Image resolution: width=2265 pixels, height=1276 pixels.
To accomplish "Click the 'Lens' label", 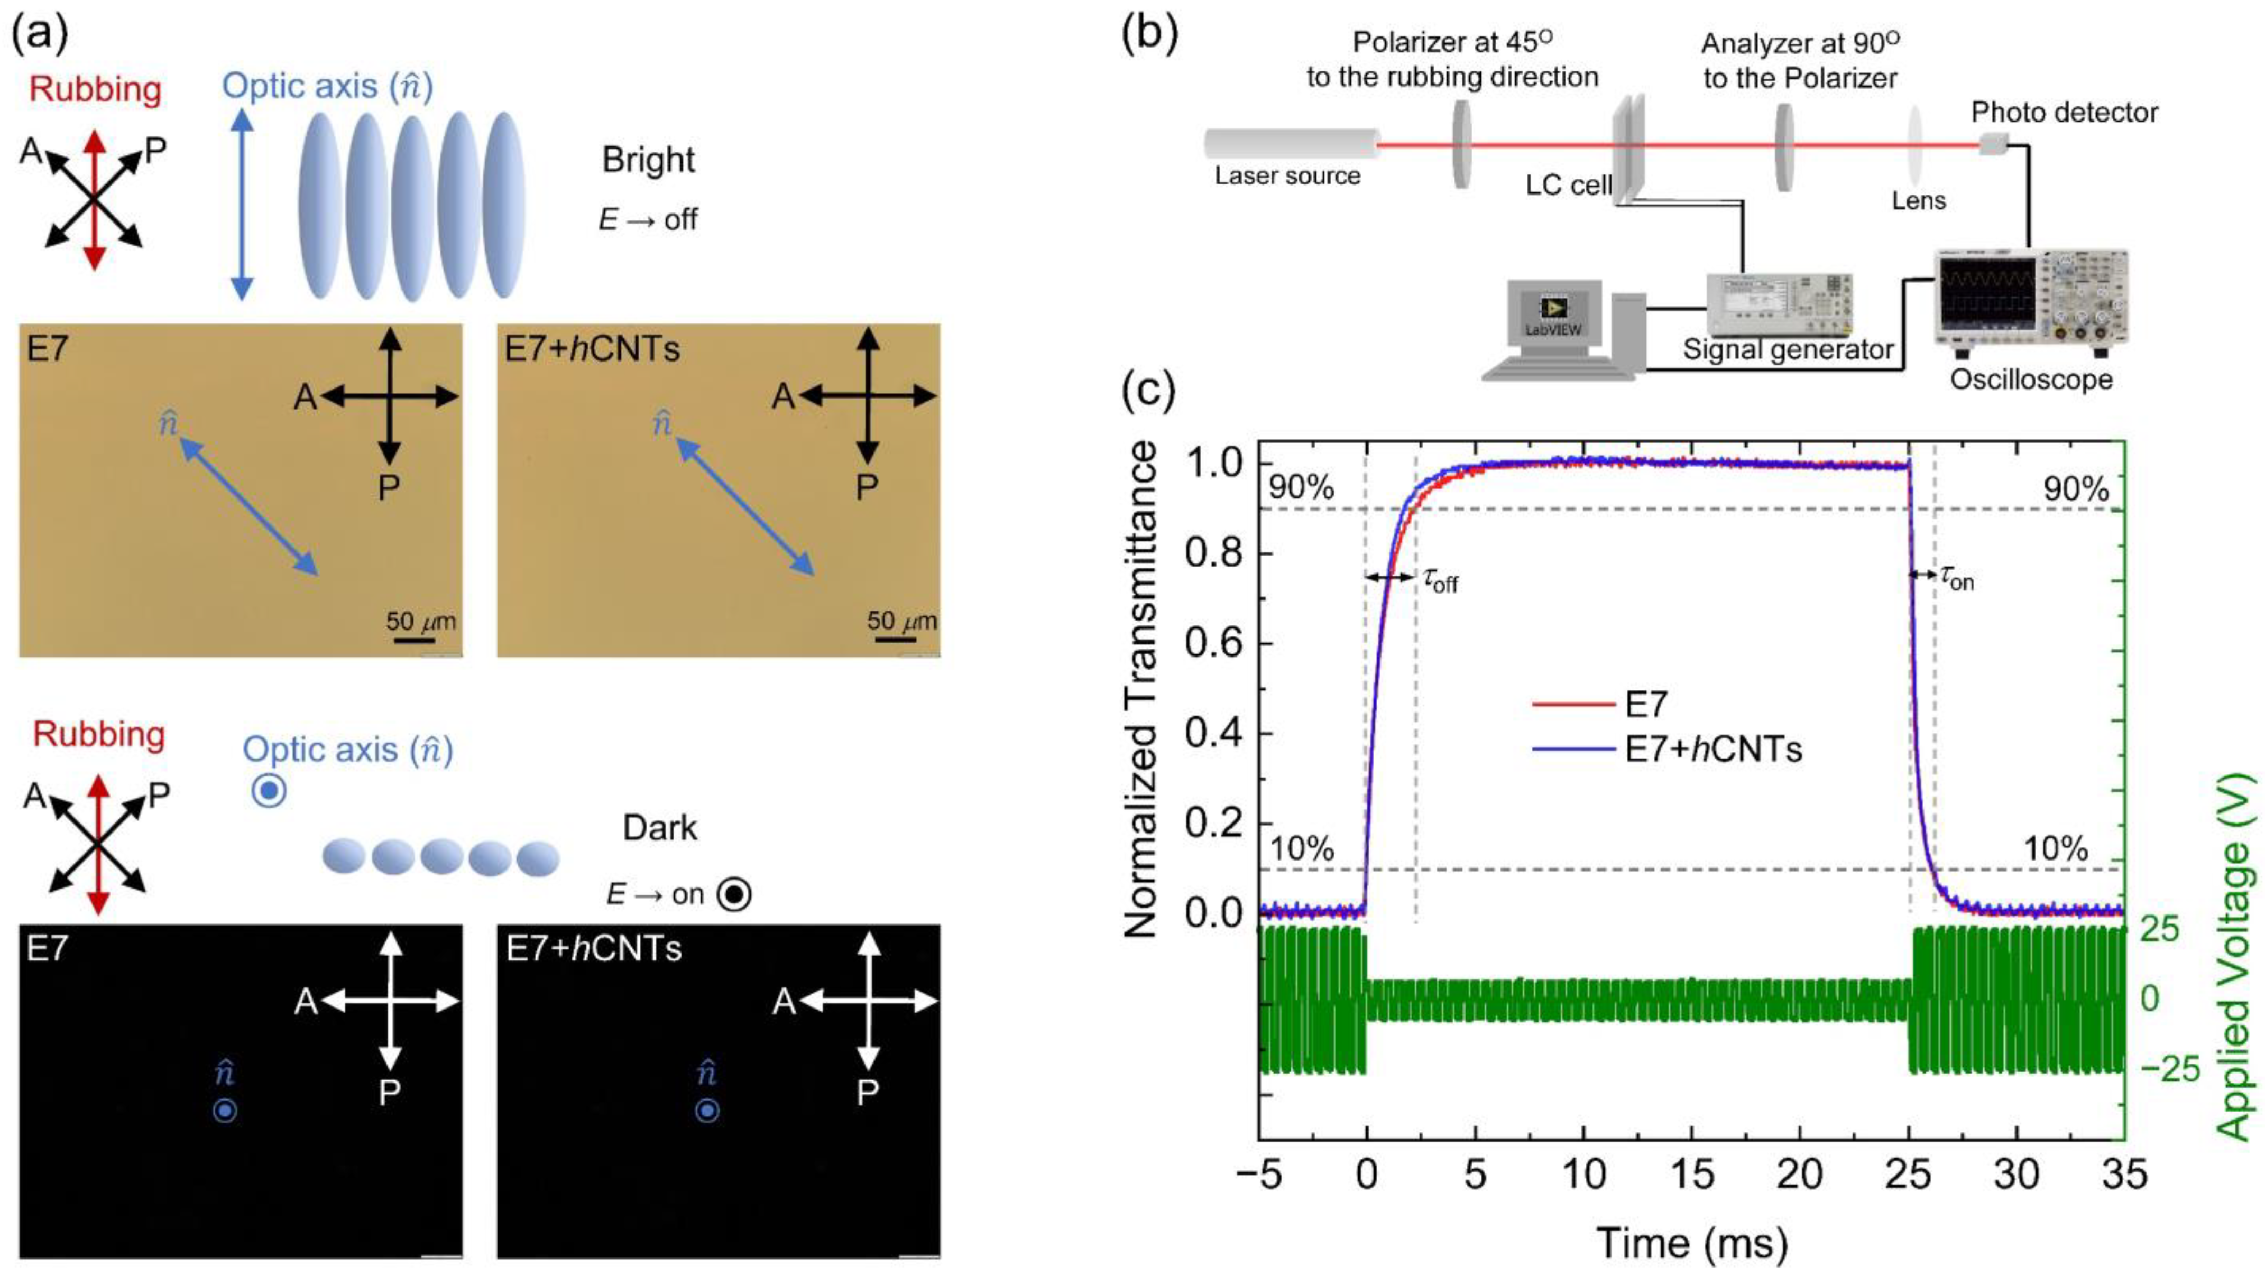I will (x=1919, y=200).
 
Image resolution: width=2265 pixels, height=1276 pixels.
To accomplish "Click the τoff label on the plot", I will (x=1440, y=580).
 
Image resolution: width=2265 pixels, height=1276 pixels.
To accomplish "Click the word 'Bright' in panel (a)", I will (x=648, y=160).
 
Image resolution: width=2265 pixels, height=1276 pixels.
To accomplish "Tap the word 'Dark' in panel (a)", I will (x=659, y=828).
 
